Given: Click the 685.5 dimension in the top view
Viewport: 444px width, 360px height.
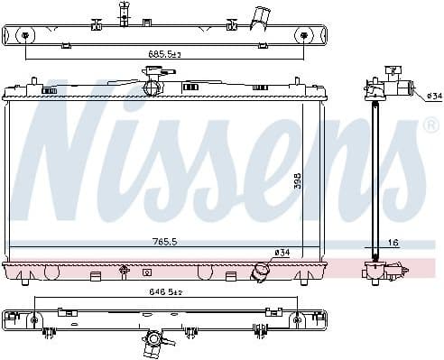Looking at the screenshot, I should (x=164, y=54).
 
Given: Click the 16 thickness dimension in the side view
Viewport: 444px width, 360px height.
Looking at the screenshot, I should (x=393, y=243).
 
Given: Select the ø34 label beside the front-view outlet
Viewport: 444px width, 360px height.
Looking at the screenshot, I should (x=282, y=252).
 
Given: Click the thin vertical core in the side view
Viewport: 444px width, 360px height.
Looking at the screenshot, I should (x=374, y=180).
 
